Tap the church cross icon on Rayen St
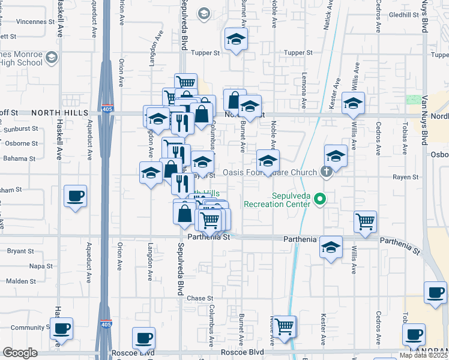(326, 173)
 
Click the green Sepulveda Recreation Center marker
(320, 199)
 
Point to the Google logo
(20, 353)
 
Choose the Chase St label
(200, 298)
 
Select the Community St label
(28, 328)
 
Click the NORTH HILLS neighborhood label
(59, 113)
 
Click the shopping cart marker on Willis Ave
(365, 222)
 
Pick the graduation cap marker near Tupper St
(236, 40)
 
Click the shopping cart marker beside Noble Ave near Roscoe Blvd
(286, 326)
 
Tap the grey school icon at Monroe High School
(51, 58)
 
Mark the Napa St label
(41, 266)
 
